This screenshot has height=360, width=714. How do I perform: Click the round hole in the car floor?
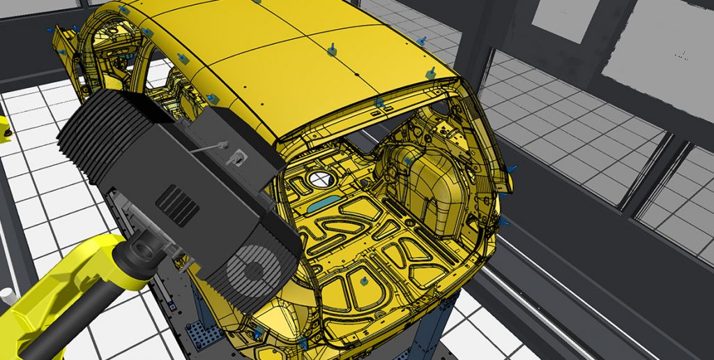point(318,179)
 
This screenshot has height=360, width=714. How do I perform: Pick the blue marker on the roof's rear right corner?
point(431,73)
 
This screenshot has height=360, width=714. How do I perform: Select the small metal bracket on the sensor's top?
point(237,158)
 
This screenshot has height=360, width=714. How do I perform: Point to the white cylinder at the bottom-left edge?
point(7,297)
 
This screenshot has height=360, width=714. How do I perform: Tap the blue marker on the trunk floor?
point(364,281)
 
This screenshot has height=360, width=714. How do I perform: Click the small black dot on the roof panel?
point(355,73)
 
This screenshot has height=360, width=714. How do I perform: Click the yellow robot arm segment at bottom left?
point(42,300)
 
